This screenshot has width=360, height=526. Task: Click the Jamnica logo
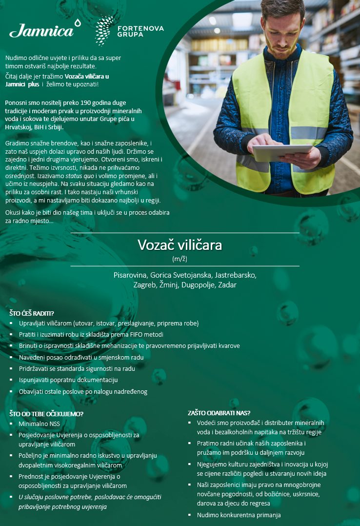click(x=42, y=30)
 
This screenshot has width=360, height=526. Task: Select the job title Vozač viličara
click(x=180, y=244)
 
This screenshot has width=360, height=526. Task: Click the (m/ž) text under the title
click(x=180, y=258)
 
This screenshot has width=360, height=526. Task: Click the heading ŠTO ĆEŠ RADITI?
click(x=32, y=313)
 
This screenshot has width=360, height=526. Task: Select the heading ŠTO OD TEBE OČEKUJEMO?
click(x=47, y=414)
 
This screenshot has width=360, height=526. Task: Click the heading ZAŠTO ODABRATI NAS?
click(x=219, y=412)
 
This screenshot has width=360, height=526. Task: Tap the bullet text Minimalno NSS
click(x=39, y=424)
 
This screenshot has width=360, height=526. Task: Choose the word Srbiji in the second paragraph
click(x=55, y=127)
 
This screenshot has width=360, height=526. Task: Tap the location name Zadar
click(x=227, y=285)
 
